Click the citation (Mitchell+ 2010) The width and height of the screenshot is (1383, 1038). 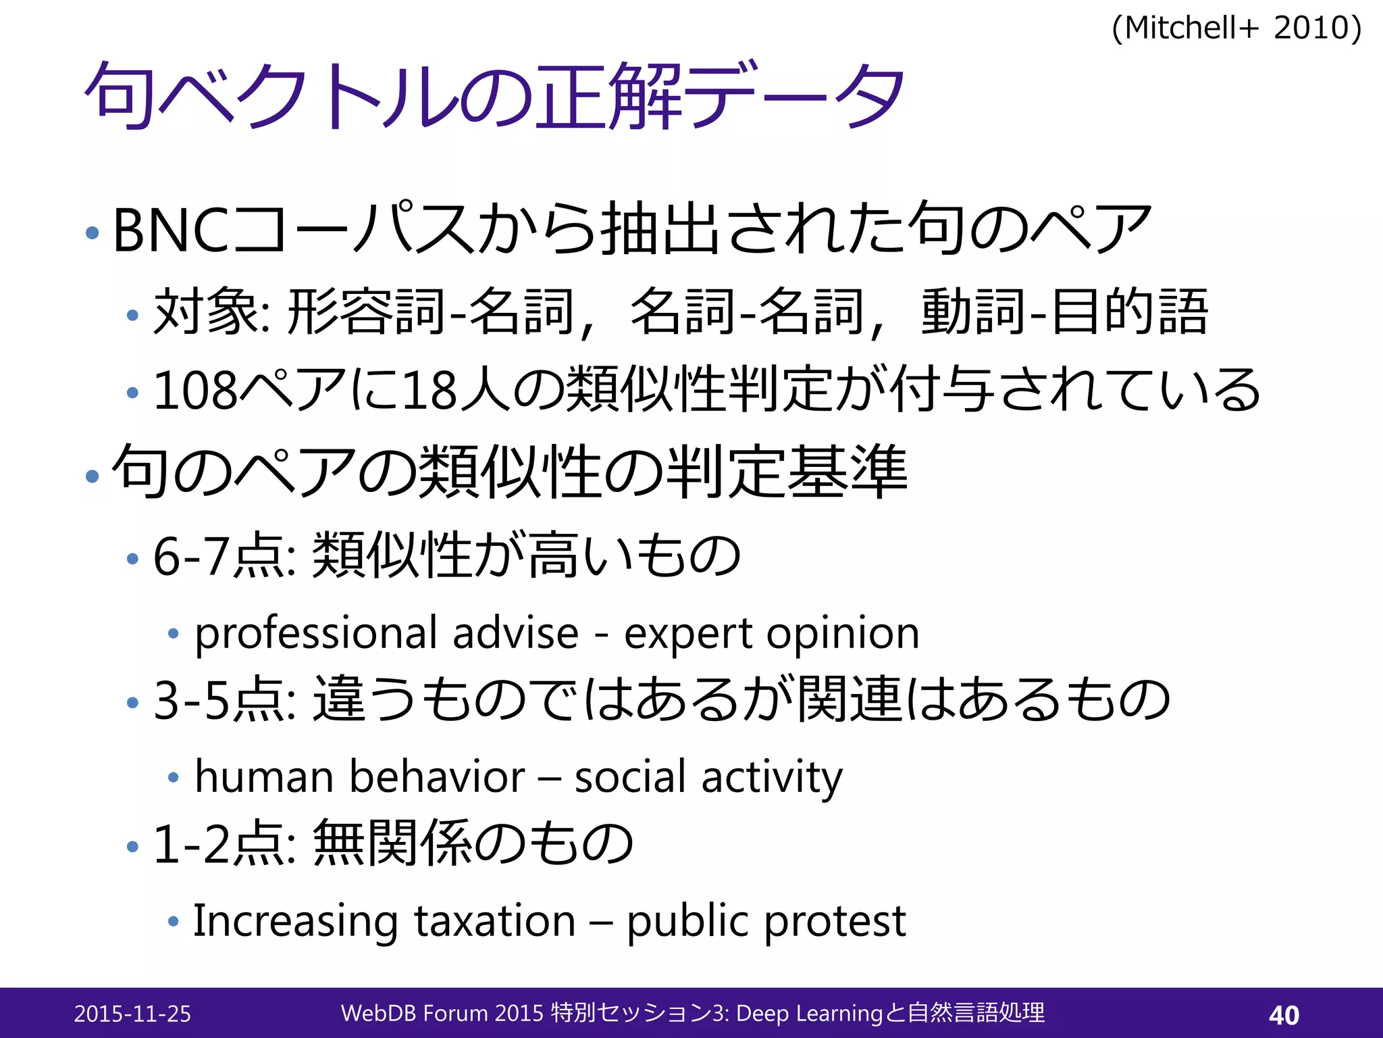coord(1236,28)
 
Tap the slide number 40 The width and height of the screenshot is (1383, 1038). coord(1284,1014)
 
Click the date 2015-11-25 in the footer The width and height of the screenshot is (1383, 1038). coord(132,1014)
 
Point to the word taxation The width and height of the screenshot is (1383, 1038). coord(494,921)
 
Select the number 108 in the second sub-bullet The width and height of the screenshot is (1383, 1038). coord(196,391)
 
